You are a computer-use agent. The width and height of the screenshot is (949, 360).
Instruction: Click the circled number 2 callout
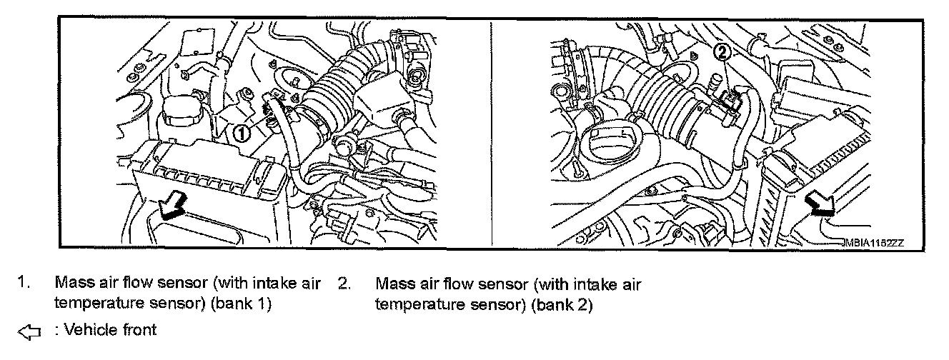click(722, 51)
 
